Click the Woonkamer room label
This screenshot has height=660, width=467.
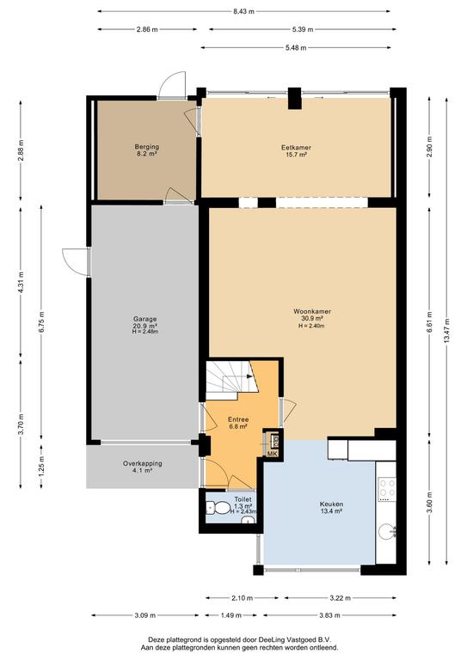click(312, 311)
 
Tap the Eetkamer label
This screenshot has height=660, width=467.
click(296, 147)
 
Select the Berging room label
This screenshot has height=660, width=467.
click(147, 147)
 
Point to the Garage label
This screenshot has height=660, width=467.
click(144, 319)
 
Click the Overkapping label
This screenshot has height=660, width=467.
click(142, 463)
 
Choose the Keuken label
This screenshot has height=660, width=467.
click(331, 504)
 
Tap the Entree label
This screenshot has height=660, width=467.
click(238, 419)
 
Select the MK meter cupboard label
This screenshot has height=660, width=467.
click(273, 454)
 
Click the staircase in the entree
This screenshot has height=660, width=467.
click(231, 380)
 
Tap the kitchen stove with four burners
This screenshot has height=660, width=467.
click(387, 489)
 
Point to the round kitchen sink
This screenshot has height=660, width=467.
click(386, 532)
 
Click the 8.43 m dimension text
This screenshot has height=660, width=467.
click(243, 11)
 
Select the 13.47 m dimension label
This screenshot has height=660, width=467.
click(446, 330)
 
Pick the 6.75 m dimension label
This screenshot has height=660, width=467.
click(41, 322)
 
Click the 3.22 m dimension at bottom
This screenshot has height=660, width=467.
click(341, 598)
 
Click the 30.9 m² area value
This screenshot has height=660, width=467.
click(312, 319)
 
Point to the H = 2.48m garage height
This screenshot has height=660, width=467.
click(144, 332)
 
